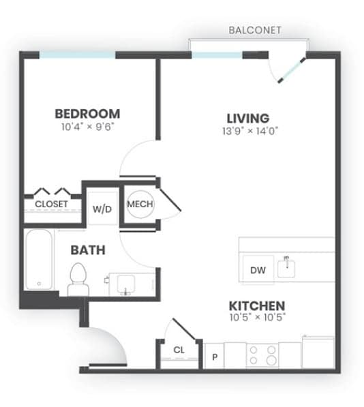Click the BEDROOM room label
pyautogui.click(x=87, y=114)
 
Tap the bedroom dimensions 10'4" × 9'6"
pyautogui.click(x=87, y=127)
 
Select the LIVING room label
pyautogui.click(x=247, y=118)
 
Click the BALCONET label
pyautogui.click(x=254, y=31)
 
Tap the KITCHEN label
pyautogui.click(x=256, y=306)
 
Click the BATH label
pyautogui.click(x=88, y=250)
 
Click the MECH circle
pyautogui.click(x=140, y=204)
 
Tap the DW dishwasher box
pyautogui.click(x=258, y=271)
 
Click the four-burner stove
pyautogui.click(x=262, y=355)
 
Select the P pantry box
pyautogui.click(x=214, y=356)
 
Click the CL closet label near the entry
pyautogui.click(x=179, y=350)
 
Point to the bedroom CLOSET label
pyautogui.click(x=51, y=204)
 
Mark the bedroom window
pyautogui.click(x=77, y=55)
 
